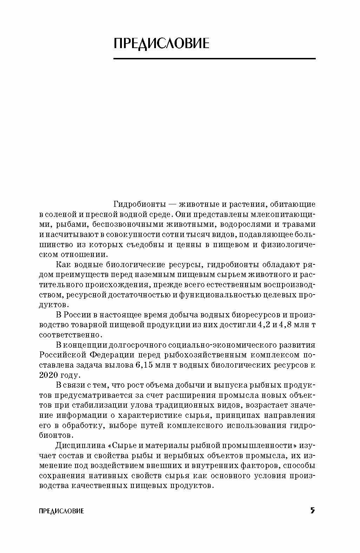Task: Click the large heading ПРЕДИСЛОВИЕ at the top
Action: click(x=162, y=43)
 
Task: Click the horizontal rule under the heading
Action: click(x=214, y=59)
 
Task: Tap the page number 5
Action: click(x=312, y=510)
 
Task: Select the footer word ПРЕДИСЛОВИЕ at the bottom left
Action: click(x=61, y=511)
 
